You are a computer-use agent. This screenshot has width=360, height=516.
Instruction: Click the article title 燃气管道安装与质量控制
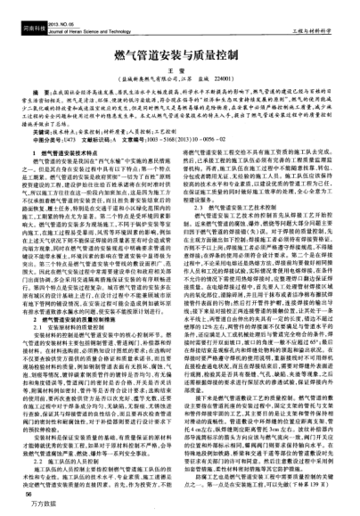pos(180,57)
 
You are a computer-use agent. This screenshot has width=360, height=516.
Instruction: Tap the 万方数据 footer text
pos(35,507)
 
